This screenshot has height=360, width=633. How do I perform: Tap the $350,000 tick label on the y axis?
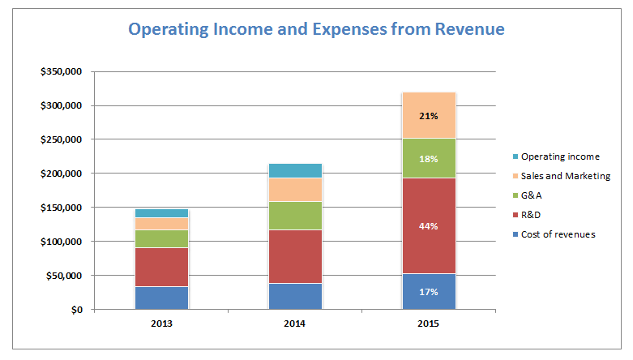(62, 71)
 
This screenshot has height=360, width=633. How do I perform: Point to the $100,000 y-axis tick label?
(62, 242)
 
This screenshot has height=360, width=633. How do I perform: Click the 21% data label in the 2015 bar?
(429, 116)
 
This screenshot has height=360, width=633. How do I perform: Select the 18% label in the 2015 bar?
(429, 159)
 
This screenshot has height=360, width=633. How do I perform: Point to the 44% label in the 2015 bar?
(429, 226)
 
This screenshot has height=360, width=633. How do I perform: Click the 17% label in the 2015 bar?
(429, 292)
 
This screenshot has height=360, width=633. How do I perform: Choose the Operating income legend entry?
(558, 156)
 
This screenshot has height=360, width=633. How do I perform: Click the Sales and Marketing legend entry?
(564, 176)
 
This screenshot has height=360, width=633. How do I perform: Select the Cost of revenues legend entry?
(557, 234)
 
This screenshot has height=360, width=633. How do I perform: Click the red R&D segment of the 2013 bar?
(161, 267)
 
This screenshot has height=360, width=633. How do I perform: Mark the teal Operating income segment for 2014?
(295, 170)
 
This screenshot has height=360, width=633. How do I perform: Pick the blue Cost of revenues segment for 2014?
(295, 296)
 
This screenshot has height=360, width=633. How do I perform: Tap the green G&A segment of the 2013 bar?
(161, 238)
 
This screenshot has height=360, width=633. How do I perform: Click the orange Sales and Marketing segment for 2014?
(295, 190)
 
